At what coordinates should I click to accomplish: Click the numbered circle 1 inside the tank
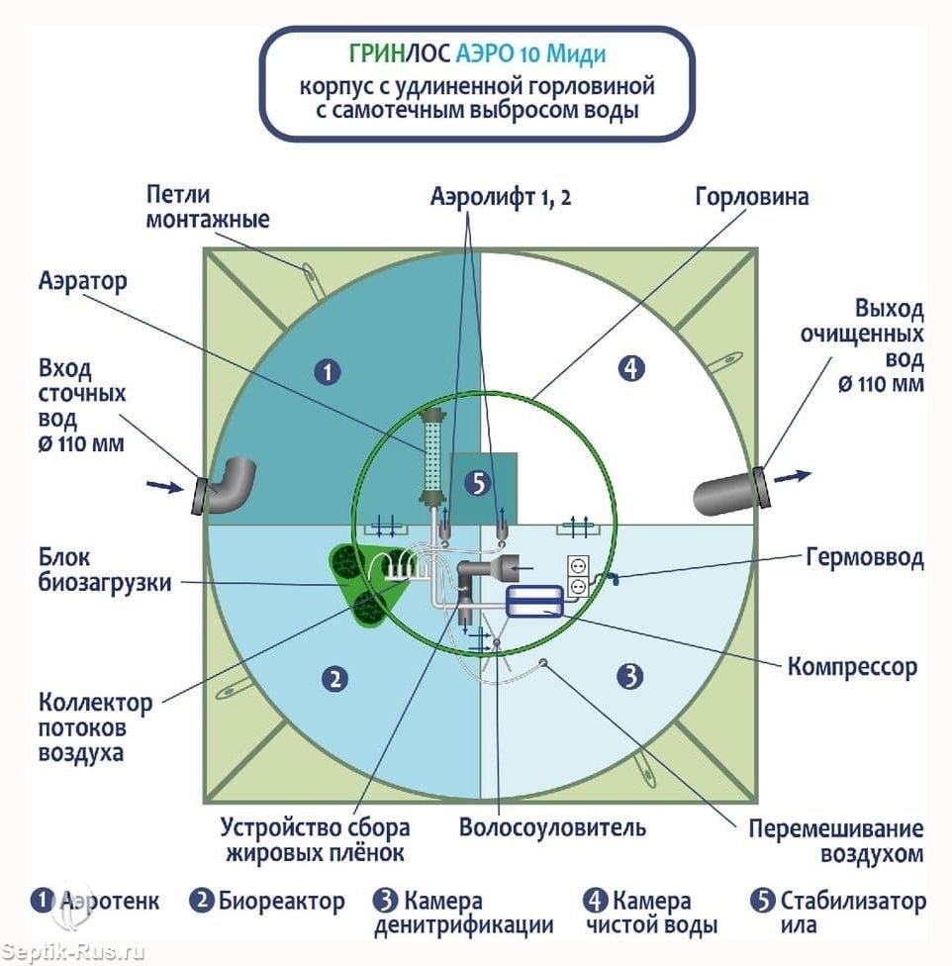[328, 372]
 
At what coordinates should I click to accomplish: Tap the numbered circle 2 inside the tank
[336, 678]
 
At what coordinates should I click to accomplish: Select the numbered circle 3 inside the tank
[629, 677]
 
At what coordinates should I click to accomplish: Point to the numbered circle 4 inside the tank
[630, 369]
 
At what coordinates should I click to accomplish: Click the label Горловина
[751, 197]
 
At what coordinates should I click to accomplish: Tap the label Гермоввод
[862, 558]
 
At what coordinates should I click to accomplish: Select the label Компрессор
[852, 666]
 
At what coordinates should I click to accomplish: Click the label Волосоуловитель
[552, 826]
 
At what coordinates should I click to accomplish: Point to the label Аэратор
[83, 282]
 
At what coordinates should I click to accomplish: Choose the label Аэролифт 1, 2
[501, 197]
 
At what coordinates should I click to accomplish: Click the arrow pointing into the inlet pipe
[163, 485]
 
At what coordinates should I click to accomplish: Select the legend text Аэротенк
[110, 902]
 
